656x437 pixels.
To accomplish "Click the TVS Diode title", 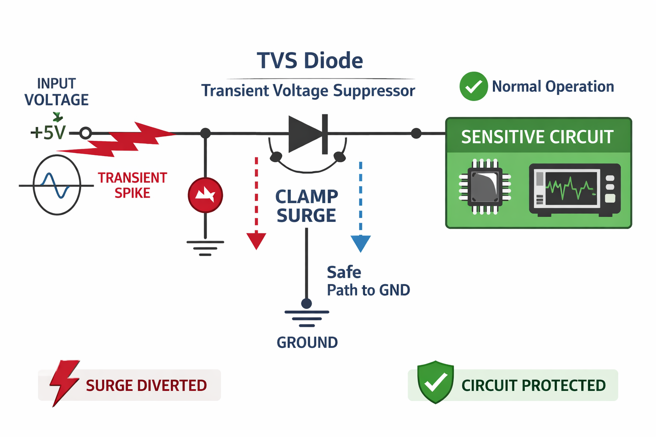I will pyautogui.click(x=310, y=61).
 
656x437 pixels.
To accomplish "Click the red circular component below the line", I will pyautogui.click(x=205, y=195).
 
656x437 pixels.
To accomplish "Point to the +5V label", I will pyautogui.click(x=48, y=133).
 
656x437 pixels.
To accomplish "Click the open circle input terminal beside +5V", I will pyautogui.click(x=85, y=133).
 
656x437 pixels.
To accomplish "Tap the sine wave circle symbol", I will pyautogui.click(x=57, y=185).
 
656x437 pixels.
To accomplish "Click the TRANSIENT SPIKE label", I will pyautogui.click(x=132, y=185).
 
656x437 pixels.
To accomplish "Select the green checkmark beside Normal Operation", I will pyautogui.click(x=473, y=87).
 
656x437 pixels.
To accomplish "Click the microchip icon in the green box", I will pyautogui.click(x=485, y=186).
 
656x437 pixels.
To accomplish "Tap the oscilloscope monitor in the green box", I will pyautogui.click(x=574, y=189).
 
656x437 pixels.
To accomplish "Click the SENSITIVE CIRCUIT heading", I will pyautogui.click(x=537, y=137).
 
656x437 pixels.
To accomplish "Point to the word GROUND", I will pyautogui.click(x=307, y=342).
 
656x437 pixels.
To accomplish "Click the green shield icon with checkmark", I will pyautogui.click(x=435, y=382).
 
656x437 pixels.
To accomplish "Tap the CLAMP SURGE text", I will pyautogui.click(x=307, y=206).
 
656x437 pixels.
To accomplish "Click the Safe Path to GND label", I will pyautogui.click(x=368, y=281).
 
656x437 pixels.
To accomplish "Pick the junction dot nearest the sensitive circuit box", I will pyautogui.click(x=416, y=134).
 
